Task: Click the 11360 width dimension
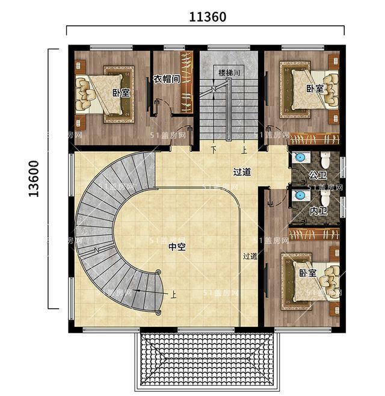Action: coord(208,17)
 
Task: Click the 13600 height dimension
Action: coord(34,178)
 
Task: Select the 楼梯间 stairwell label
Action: coord(229,73)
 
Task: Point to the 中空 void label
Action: coord(176,246)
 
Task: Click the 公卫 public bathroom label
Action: coord(317,175)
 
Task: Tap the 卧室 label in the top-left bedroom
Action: coord(121,93)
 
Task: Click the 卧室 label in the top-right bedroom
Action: coord(314,88)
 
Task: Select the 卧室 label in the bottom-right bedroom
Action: coord(307,273)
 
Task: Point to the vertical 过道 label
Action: coord(250,256)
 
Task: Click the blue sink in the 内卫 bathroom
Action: coord(300,196)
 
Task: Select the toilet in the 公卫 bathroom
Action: coord(325,160)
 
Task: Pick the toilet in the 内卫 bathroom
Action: coord(325,198)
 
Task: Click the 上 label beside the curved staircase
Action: coord(173,294)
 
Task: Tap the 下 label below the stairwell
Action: coord(213,150)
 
